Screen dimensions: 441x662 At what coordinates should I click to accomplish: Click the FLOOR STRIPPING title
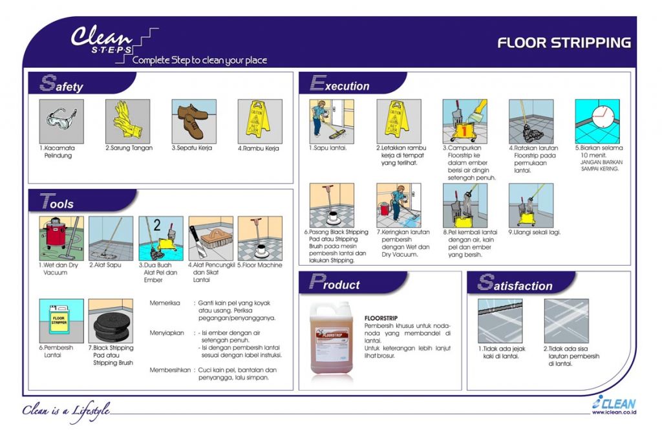[x=564, y=43]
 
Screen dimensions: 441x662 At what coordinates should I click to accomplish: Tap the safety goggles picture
[x=61, y=121]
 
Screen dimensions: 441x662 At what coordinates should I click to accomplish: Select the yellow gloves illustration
[x=127, y=121]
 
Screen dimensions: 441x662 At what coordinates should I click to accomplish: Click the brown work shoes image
[x=193, y=121]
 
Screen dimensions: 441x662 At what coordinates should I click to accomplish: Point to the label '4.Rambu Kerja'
[x=259, y=148]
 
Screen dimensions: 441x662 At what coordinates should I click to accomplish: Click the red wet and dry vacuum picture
[x=61, y=238]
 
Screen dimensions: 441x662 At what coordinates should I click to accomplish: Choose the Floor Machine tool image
[x=260, y=238]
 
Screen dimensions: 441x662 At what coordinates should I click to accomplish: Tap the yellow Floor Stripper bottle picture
[x=61, y=321]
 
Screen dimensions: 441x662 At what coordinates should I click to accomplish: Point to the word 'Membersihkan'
[x=170, y=370]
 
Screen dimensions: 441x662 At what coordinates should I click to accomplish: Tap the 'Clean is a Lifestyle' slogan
[x=65, y=410]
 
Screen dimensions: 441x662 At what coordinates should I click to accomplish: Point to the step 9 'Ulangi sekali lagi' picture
[x=531, y=206]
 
